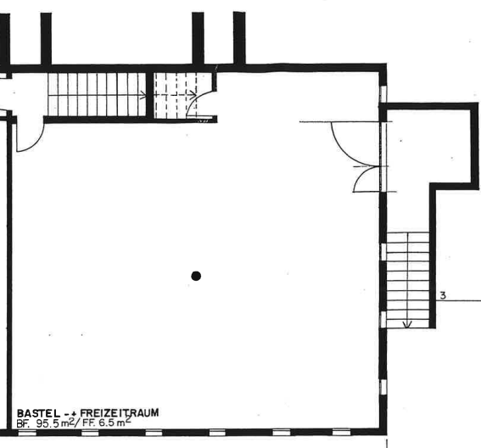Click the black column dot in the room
click(196, 276)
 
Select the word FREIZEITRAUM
click(120, 412)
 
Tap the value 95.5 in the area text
click(48, 423)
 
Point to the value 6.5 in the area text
click(106, 423)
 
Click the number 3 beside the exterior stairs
click(443, 295)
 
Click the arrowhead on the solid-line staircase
click(143, 95)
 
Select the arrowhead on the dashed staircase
click(193, 95)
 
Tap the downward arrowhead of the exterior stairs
click(407, 324)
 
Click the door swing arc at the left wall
click(36, 143)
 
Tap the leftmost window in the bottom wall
click(27, 433)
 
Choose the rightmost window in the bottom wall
click(341, 432)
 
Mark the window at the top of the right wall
click(383, 94)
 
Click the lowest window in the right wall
click(383, 387)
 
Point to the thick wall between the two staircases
click(149, 95)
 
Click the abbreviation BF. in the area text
click(23, 424)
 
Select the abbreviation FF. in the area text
click(89, 423)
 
